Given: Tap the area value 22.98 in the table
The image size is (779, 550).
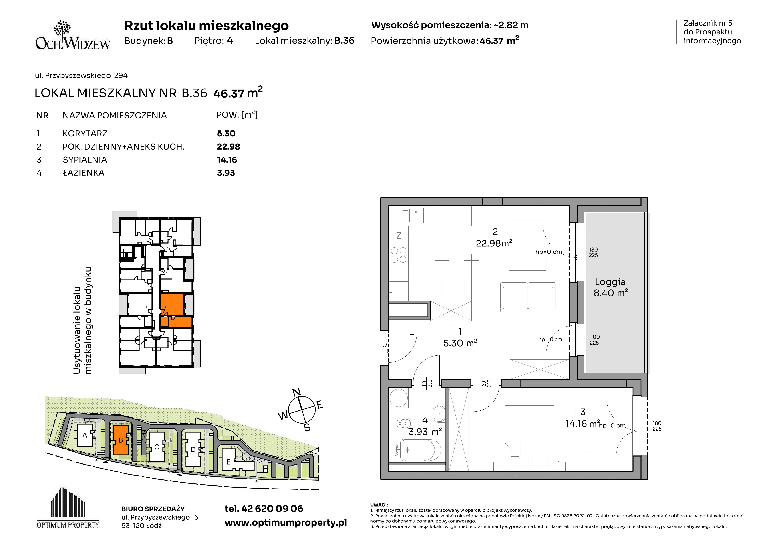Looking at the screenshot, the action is [x=228, y=147].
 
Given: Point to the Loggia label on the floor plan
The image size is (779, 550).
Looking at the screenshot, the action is [x=610, y=282].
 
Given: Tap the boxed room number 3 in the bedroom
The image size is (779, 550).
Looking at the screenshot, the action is [x=583, y=412].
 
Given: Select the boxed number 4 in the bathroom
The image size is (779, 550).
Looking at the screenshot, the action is [x=425, y=420].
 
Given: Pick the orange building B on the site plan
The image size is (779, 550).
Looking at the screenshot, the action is [x=121, y=440].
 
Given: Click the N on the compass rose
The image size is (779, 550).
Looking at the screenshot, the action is [x=296, y=392].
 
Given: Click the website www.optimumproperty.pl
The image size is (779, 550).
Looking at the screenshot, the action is [x=286, y=523].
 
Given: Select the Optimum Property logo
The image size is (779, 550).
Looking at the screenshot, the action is [x=68, y=508].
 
